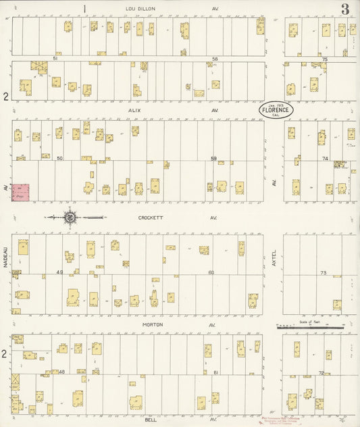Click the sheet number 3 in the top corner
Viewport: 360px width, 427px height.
pos(345,9)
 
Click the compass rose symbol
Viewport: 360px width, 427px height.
pos(70,218)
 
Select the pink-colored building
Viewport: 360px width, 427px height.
pos(20,192)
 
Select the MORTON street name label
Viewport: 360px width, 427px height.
pos(152,324)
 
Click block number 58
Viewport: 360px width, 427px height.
pos(215,59)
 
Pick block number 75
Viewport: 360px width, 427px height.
pos(324,59)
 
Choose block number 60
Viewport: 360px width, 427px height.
pos(211,272)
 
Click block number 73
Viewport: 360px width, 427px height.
pos(323,272)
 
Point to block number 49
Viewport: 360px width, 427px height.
pos(59,272)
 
